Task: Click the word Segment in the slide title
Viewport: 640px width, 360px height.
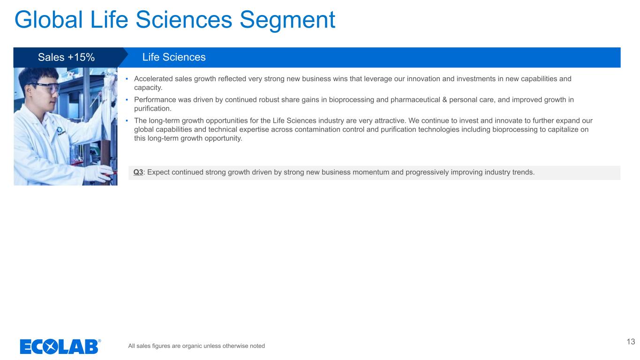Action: pyautogui.click(x=287, y=20)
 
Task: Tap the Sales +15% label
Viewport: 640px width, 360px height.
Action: pyautogui.click(x=66, y=57)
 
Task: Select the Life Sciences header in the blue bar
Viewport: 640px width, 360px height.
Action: pyautogui.click(x=174, y=57)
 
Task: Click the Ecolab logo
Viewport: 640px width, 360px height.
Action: pyautogui.click(x=60, y=346)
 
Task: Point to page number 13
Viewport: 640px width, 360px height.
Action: pyautogui.click(x=631, y=342)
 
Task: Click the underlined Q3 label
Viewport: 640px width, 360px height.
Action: pyautogui.click(x=138, y=172)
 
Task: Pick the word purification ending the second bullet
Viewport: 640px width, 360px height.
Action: pyautogui.click(x=152, y=109)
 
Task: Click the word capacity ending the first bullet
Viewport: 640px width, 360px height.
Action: pyautogui.click(x=148, y=88)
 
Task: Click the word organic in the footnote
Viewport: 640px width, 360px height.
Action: pyautogui.click(x=192, y=346)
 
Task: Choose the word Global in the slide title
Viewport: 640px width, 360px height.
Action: pyautogui.click(x=49, y=20)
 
